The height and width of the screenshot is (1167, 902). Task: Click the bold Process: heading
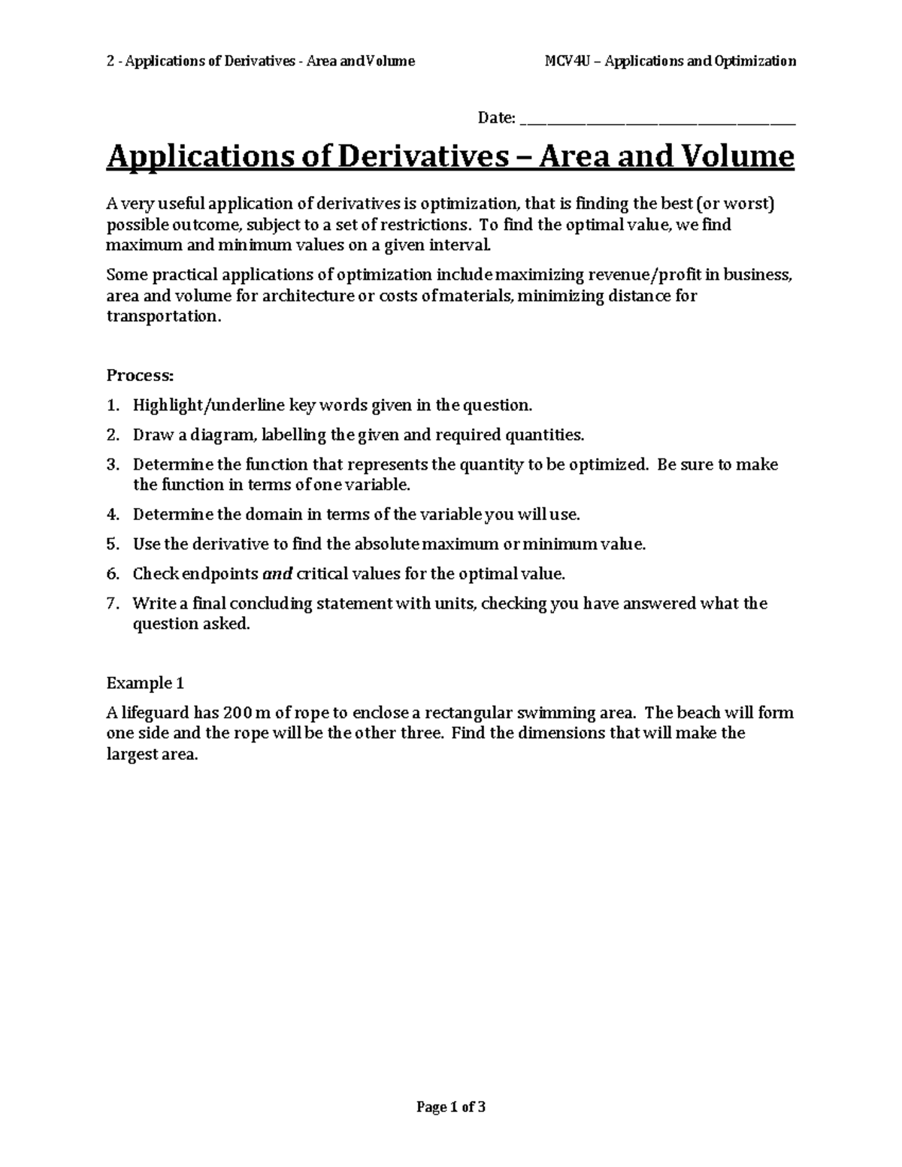point(141,375)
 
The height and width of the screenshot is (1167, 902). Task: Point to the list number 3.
point(112,464)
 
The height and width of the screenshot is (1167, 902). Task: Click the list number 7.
point(112,603)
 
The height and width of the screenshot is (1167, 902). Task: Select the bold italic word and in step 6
point(277,574)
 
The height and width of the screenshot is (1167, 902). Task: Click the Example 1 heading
point(145,683)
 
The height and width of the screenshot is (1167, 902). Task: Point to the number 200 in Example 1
point(230,713)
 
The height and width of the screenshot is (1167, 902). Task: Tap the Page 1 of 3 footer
point(451,1107)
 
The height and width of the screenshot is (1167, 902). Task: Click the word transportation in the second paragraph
point(164,316)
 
